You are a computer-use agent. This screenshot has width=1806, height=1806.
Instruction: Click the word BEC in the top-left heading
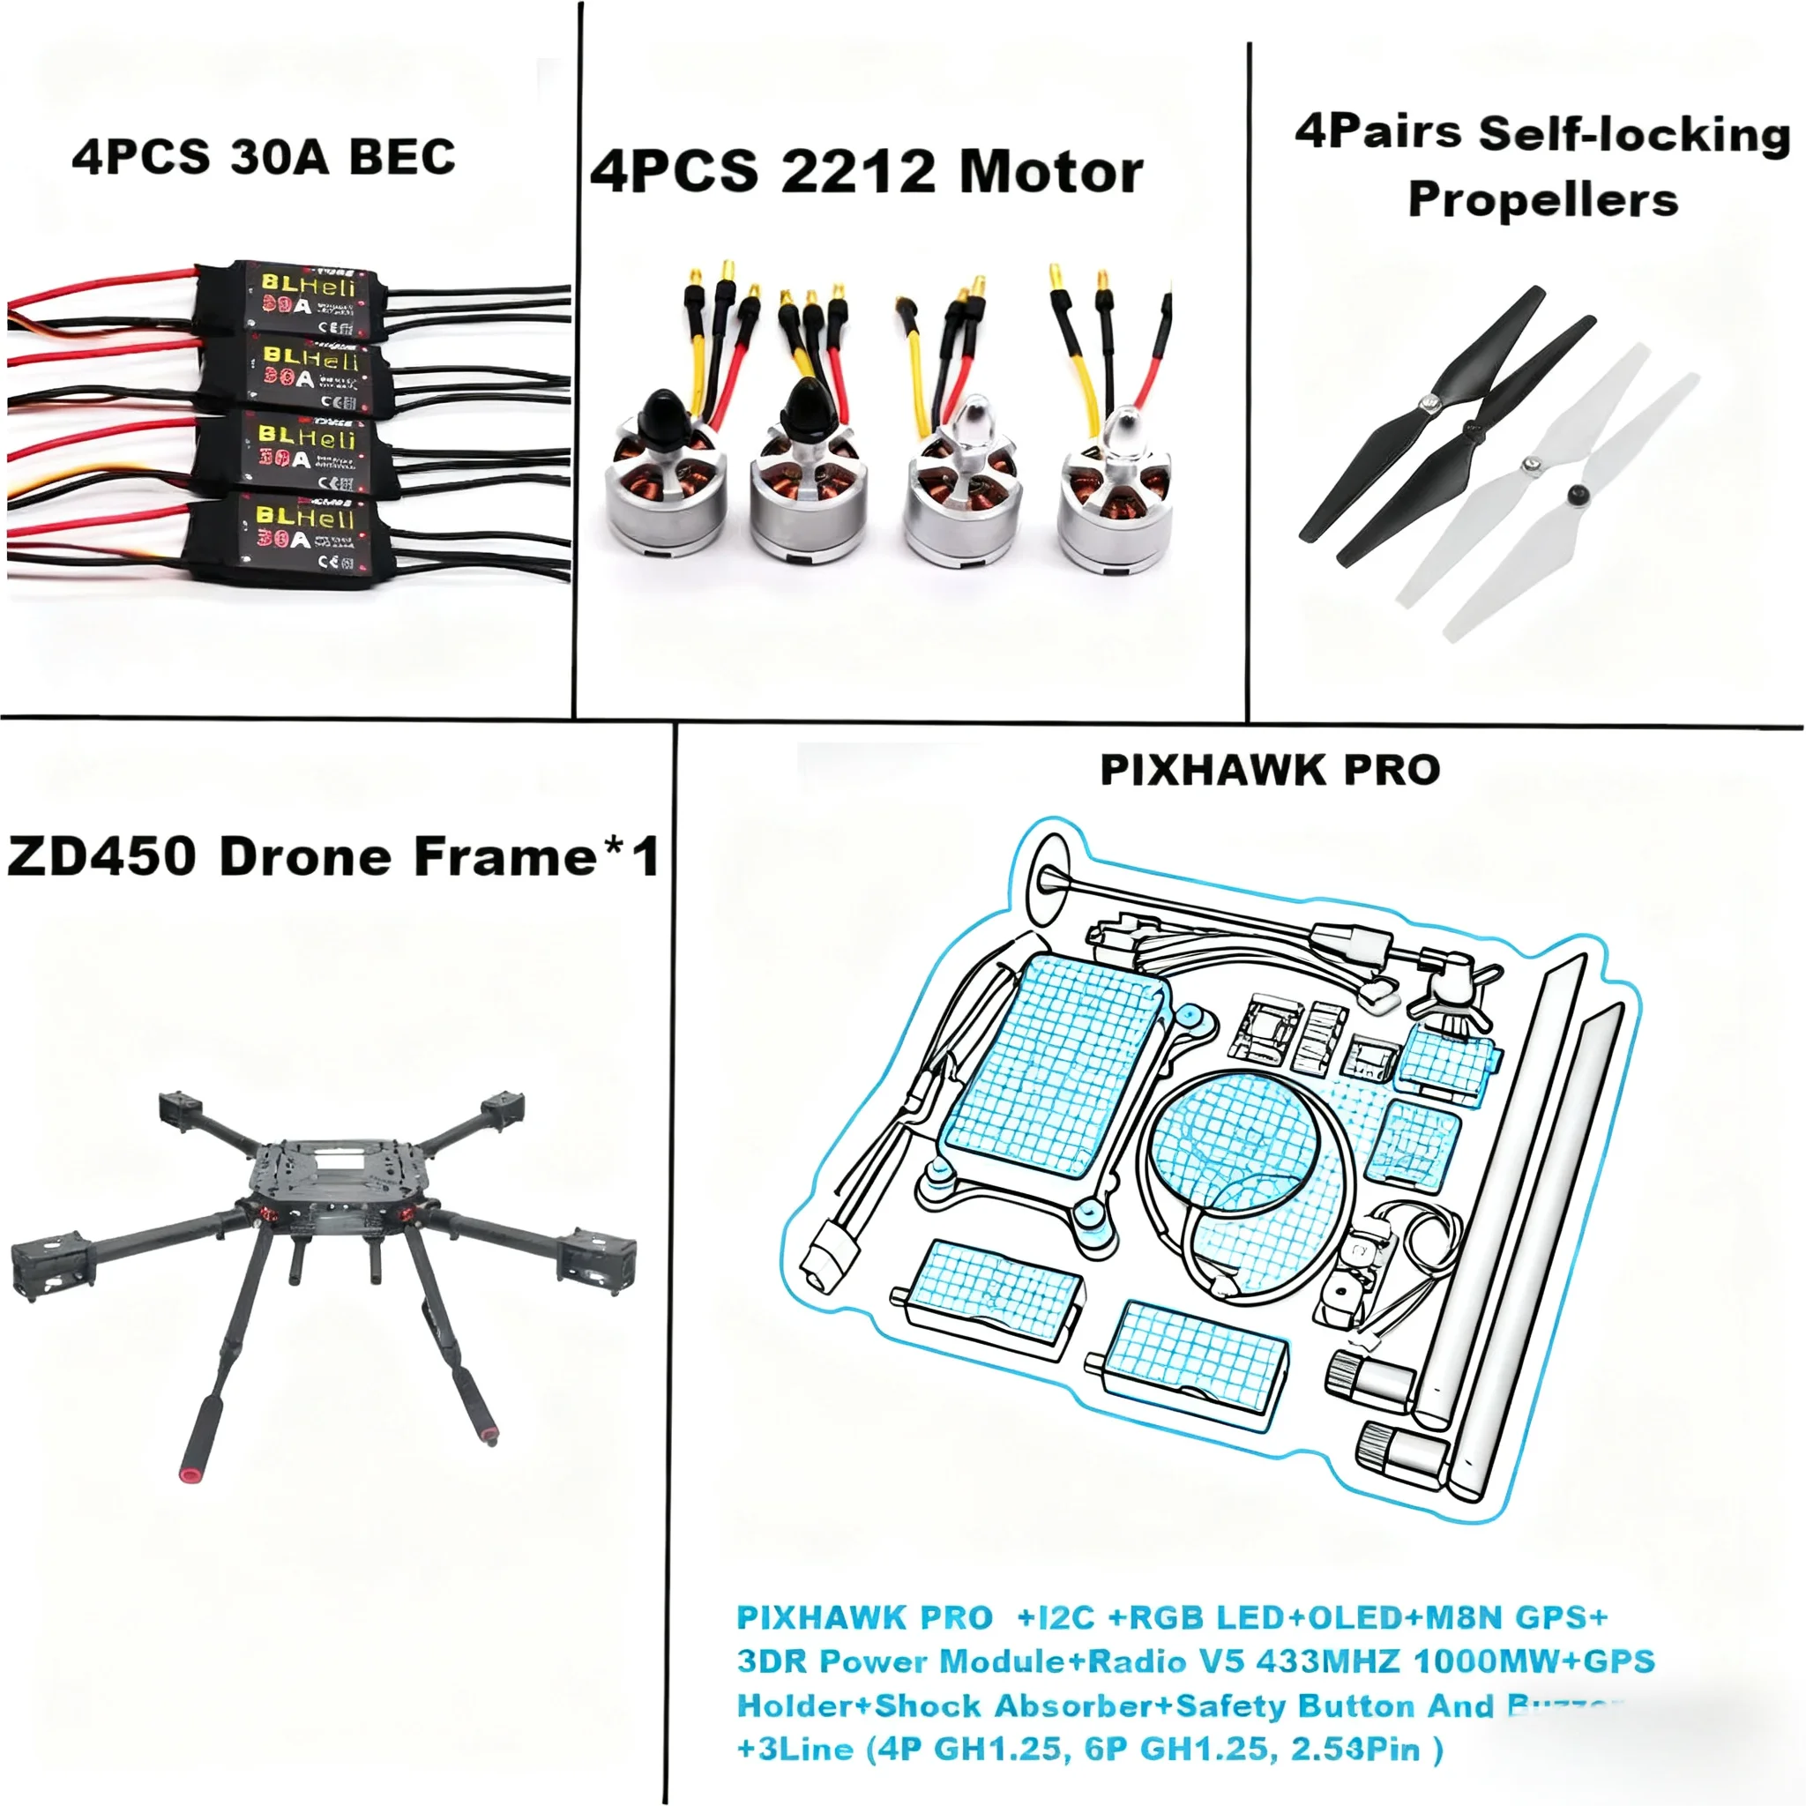point(402,157)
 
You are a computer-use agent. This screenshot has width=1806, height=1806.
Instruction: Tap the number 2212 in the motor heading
point(857,173)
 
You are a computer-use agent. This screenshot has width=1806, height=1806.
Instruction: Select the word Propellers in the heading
point(1542,200)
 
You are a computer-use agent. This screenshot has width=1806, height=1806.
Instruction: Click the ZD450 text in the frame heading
point(102,856)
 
